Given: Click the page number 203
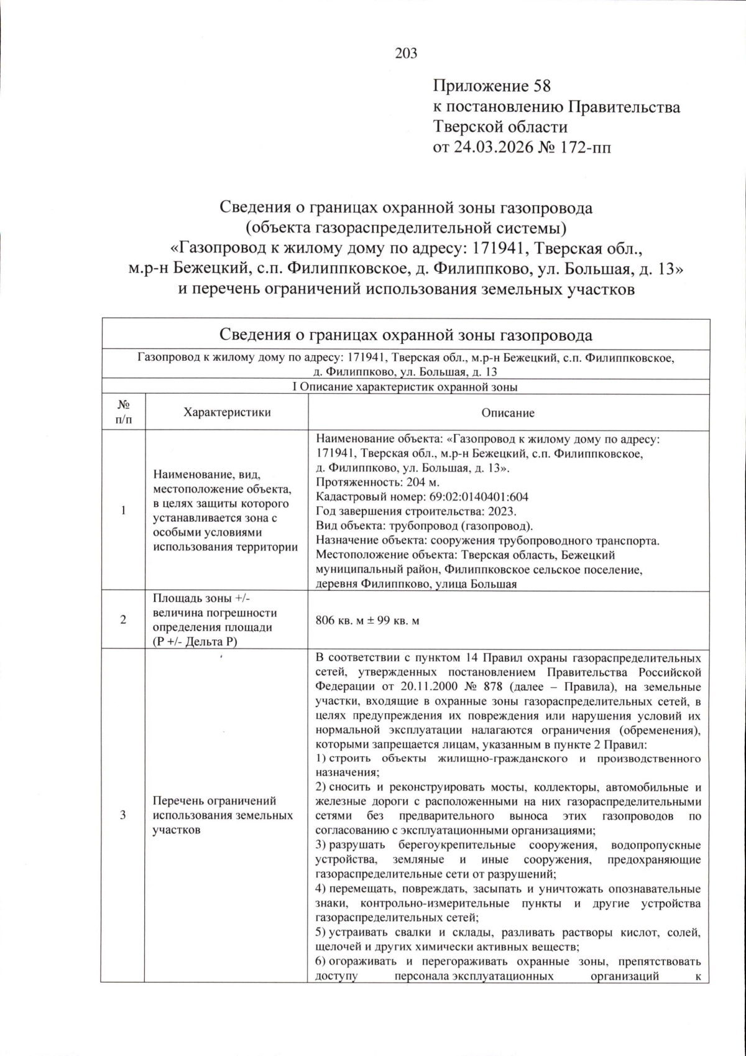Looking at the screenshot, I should click(406, 53).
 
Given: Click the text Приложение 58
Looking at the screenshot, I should click(492, 86).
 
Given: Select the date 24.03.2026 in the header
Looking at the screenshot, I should click(490, 147).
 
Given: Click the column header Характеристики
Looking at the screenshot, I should click(227, 412).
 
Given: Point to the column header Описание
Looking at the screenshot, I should click(508, 413).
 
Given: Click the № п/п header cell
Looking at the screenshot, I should click(124, 413).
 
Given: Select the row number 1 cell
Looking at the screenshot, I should click(123, 511).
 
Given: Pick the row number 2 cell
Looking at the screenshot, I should click(123, 620).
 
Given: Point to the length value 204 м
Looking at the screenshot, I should click(421, 482).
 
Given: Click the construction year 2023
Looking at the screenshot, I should click(502, 511).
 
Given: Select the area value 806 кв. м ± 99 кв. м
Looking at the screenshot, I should click(367, 621).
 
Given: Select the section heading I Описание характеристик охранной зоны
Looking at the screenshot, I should click(405, 387).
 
